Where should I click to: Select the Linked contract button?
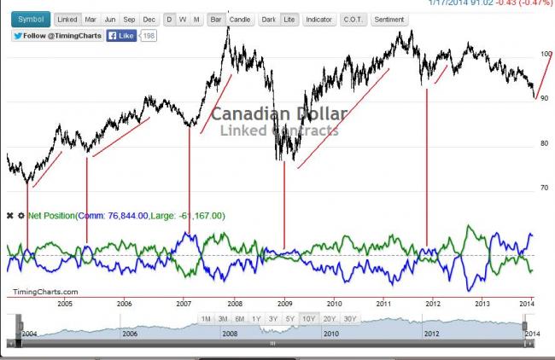(67, 19)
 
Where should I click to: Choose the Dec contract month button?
(149, 19)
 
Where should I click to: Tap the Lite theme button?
(289, 19)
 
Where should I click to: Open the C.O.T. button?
(352, 19)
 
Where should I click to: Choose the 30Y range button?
(348, 319)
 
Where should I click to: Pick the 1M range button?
(206, 319)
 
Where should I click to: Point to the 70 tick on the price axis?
(543, 188)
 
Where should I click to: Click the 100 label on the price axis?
(546, 54)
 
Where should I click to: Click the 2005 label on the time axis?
(64, 303)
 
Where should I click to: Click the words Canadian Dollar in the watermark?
(279, 114)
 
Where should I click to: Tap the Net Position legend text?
(51, 216)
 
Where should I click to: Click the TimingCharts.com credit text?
(39, 292)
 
